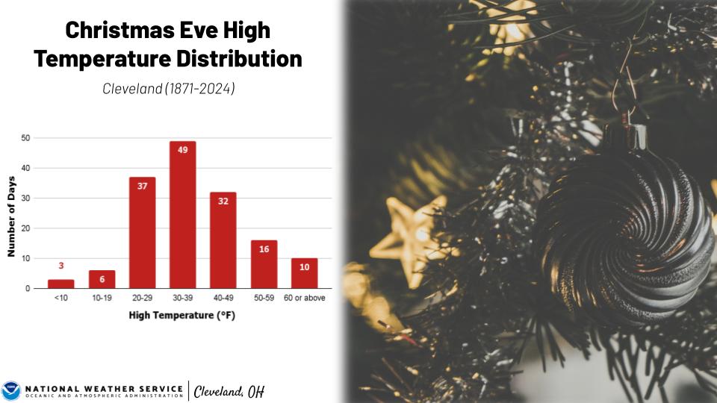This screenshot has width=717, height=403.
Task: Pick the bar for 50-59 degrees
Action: coord(264,264)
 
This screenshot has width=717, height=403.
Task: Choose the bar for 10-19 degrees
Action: coord(102,279)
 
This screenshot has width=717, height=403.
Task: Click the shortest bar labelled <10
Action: coord(61,284)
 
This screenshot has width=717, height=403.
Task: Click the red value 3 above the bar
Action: coord(61,266)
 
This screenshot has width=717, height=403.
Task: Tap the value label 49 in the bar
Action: coord(182,149)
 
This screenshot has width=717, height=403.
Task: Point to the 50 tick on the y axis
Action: coord(26,138)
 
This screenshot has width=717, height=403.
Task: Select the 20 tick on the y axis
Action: coord(26,228)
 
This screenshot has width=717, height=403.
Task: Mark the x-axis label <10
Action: coord(61,299)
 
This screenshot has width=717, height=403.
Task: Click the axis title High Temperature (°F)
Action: coord(182,315)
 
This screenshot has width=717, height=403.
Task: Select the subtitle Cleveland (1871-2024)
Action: coord(168,89)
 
